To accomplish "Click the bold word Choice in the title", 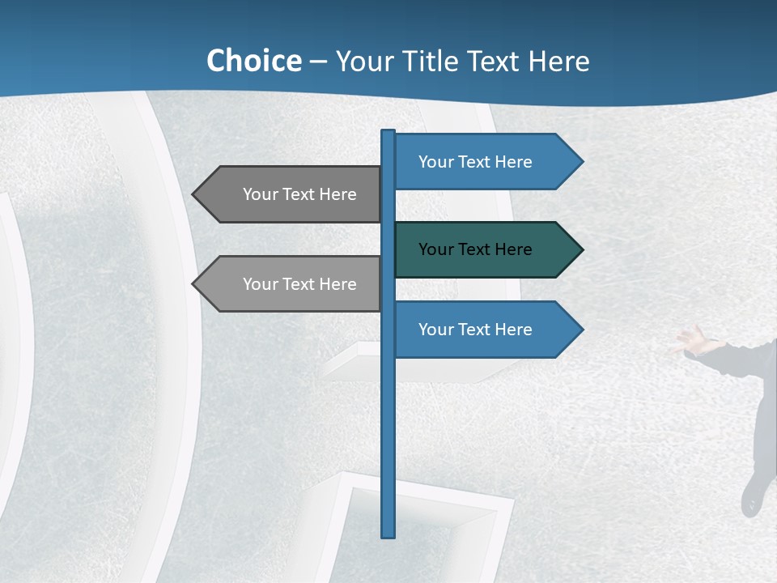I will click(x=253, y=61).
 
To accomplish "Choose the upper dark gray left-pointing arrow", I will click(x=291, y=194).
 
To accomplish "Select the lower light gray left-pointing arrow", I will click(x=291, y=284).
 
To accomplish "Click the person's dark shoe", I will click(x=752, y=496).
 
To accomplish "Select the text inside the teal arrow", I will click(x=475, y=249).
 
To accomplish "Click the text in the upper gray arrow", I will click(x=299, y=194).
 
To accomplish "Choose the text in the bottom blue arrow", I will click(x=475, y=330).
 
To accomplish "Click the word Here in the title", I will click(x=558, y=61).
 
